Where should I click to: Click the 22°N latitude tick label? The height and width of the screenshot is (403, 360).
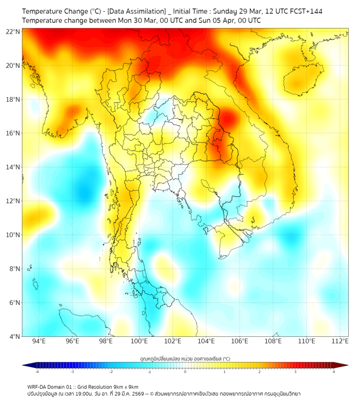(x=13, y=31)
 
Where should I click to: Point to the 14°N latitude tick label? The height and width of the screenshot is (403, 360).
(x=13, y=167)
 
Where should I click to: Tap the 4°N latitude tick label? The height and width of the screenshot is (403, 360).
(x=14, y=336)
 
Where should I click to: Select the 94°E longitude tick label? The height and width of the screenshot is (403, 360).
(x=39, y=341)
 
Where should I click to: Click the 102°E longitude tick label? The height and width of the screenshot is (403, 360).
(x=173, y=341)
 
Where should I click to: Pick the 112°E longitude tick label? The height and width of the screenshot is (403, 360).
(x=340, y=341)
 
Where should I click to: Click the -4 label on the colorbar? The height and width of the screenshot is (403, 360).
(x=36, y=371)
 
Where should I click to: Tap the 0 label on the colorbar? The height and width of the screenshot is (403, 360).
(x=185, y=371)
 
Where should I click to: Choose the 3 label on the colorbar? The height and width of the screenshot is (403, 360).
(x=297, y=371)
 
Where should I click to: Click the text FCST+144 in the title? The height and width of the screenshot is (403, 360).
(x=305, y=11)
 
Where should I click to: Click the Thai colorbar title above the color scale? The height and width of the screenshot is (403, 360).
(x=185, y=359)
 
